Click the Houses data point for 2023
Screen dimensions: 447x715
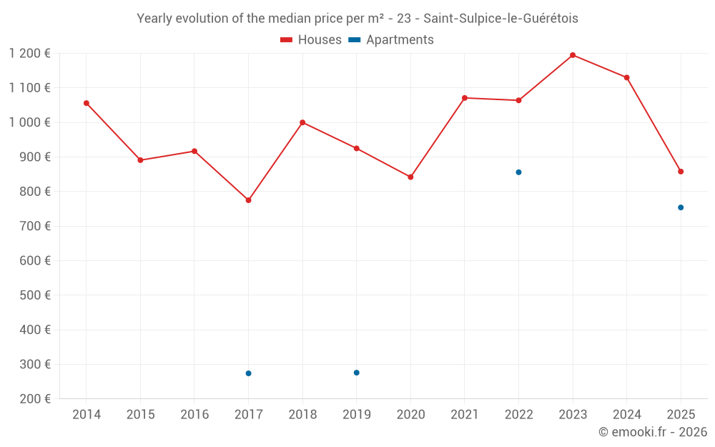[x=573, y=55]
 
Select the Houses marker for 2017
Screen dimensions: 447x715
[x=248, y=200]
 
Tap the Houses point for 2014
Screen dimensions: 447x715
[x=87, y=103]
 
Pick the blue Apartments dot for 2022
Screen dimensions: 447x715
[x=518, y=172]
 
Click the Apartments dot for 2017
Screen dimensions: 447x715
[x=248, y=373]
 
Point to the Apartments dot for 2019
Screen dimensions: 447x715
[x=356, y=373]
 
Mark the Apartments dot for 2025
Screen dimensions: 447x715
[x=681, y=207]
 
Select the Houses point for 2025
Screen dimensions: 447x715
[x=681, y=172]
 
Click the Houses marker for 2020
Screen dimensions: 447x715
[x=410, y=177]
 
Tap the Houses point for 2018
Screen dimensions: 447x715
[x=302, y=122]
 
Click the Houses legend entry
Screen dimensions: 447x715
[x=311, y=40]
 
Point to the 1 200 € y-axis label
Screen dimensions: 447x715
[x=30, y=54]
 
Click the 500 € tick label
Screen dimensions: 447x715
[x=34, y=295]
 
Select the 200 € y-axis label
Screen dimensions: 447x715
[x=34, y=399]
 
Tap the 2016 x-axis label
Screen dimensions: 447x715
[x=194, y=415]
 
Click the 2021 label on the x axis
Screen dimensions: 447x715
[x=465, y=415]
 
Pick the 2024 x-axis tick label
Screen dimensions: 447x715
[x=627, y=415]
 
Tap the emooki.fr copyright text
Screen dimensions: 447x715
[x=653, y=432]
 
